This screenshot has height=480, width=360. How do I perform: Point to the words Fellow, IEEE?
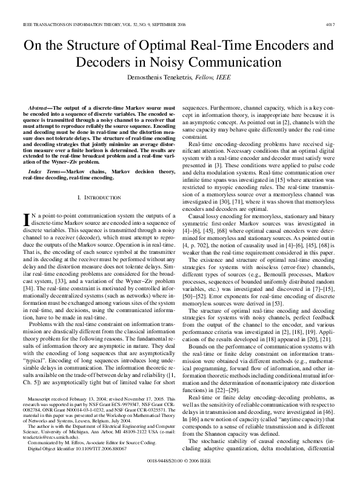222,78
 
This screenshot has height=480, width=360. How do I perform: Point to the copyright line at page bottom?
180,462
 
